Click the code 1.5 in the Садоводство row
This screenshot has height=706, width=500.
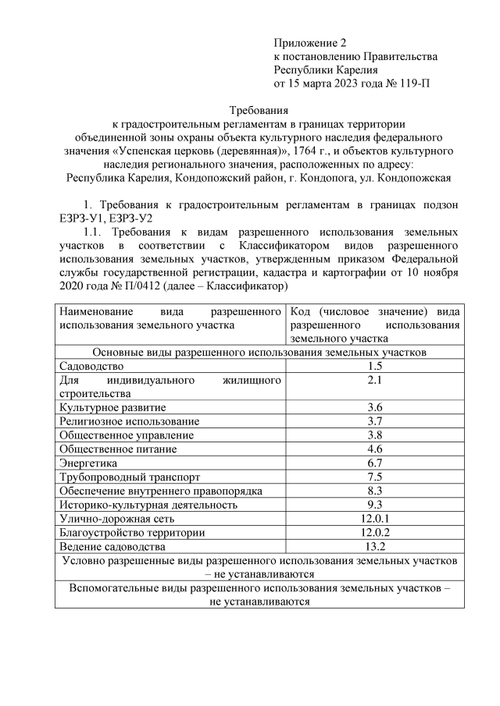pyautogui.click(x=374, y=366)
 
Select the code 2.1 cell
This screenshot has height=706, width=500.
pyautogui.click(x=374, y=380)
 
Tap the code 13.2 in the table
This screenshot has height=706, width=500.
pyautogui.click(x=374, y=546)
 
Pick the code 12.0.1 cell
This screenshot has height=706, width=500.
pyautogui.click(x=374, y=518)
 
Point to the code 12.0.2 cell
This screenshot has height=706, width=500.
pyautogui.click(x=374, y=532)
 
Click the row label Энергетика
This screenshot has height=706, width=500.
pyautogui.click(x=89, y=463)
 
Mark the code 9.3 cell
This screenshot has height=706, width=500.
pyautogui.click(x=374, y=504)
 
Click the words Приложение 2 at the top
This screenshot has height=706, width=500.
pyautogui.click(x=309, y=42)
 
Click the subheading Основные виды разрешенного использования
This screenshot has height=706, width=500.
pyautogui.click(x=259, y=352)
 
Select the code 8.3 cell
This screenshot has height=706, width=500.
pyautogui.click(x=374, y=491)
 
